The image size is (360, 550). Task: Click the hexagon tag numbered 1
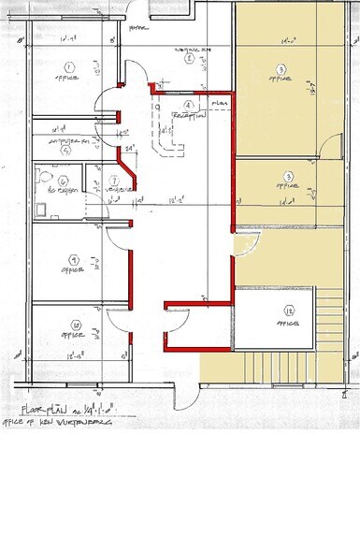tap(68, 66)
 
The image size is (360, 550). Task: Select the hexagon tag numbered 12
tap(290, 310)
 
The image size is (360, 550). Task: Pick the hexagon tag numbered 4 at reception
tap(189, 106)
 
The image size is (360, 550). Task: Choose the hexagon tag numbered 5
tap(65, 147)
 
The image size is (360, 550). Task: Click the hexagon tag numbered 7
tap(114, 181)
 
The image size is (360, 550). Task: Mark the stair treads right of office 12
tap(333, 318)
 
